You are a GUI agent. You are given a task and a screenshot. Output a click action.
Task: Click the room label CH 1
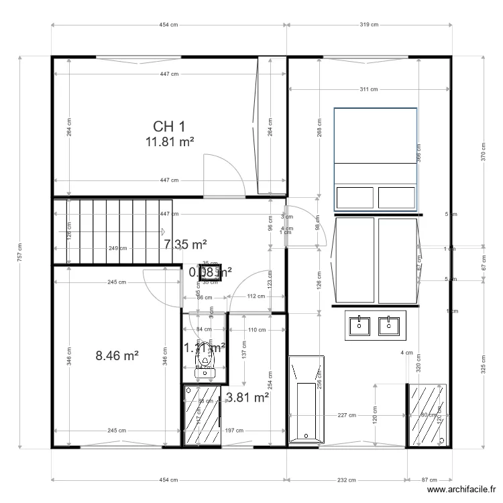tap(169, 126)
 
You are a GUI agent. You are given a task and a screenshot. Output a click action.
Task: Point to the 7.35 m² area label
tap(185, 245)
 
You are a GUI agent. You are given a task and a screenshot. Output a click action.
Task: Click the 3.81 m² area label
tap(248, 398)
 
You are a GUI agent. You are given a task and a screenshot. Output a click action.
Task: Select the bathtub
tap(306, 400)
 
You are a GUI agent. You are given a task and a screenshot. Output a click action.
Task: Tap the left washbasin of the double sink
tap(361, 325)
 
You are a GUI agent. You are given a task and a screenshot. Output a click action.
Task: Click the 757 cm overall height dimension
tap(21, 252)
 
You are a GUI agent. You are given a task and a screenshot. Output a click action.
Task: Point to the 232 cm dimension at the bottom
tap(346, 480)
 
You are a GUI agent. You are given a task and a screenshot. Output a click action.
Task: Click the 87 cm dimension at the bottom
tap(429, 480)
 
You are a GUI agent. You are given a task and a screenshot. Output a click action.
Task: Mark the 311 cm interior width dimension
tap(369, 89)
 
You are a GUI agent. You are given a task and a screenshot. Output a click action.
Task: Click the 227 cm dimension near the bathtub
tap(347, 415)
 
